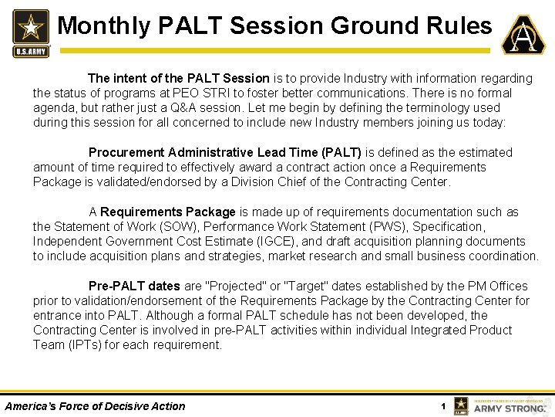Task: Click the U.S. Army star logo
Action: coord(30,32)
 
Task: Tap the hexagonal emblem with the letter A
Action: coord(523,35)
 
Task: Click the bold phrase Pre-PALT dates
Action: coord(134,286)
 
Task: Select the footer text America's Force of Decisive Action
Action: coord(95,406)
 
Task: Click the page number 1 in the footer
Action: coord(442,406)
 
